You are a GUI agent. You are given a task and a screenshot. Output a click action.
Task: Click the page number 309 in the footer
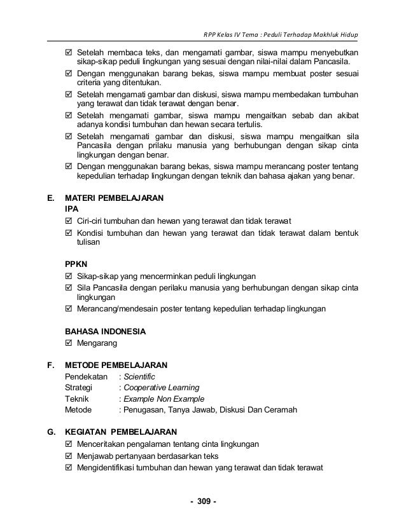(x=204, y=505)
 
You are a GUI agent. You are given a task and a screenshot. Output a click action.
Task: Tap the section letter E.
(x=51, y=198)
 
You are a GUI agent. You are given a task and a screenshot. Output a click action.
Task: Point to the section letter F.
(x=51, y=365)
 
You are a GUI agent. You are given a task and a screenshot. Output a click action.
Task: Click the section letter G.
(x=51, y=432)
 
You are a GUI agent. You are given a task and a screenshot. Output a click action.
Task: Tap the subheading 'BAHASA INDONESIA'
(x=106, y=332)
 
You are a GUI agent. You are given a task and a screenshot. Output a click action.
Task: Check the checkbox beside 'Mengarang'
(x=69, y=343)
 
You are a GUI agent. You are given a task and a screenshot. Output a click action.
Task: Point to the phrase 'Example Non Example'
(x=164, y=399)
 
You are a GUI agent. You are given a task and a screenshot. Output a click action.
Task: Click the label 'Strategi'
(x=79, y=388)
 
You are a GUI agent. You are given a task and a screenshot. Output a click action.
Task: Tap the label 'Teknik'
(x=77, y=399)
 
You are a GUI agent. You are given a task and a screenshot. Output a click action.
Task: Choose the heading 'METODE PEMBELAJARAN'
(x=116, y=365)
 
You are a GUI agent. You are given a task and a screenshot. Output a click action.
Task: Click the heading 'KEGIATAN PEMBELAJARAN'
(x=122, y=432)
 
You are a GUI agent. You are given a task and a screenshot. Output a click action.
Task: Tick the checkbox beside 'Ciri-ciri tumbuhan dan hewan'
(x=69, y=221)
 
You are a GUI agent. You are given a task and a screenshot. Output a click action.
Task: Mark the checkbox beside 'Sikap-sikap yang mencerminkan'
(x=69, y=276)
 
